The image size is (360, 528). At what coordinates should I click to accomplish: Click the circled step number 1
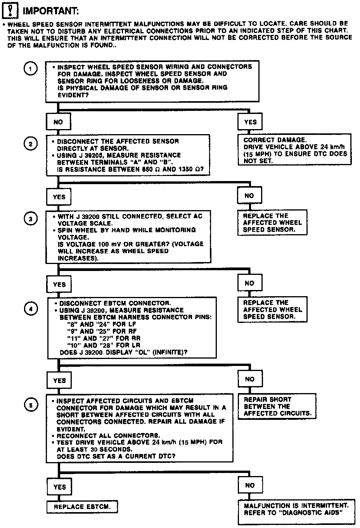coord(31,69)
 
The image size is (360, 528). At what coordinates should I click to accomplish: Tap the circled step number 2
coord(31,143)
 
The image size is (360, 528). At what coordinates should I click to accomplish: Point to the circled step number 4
coord(31,309)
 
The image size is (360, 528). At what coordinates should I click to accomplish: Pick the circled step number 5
coord(31,405)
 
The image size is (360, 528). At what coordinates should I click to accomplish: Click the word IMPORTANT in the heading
coord(50,10)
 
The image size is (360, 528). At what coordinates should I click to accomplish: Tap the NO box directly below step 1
coord(58,122)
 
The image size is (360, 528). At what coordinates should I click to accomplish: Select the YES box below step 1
coord(250,122)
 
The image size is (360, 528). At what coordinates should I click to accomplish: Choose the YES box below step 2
coord(59,197)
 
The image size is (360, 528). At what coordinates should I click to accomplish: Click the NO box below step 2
coord(249,196)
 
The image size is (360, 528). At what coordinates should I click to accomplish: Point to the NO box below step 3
coord(249,283)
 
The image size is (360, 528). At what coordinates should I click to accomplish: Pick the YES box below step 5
coord(59,487)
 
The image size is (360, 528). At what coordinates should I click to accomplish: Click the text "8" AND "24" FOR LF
coord(102,324)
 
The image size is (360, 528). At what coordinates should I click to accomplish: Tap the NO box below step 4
coord(250,379)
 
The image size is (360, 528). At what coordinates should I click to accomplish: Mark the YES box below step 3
coord(59,284)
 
